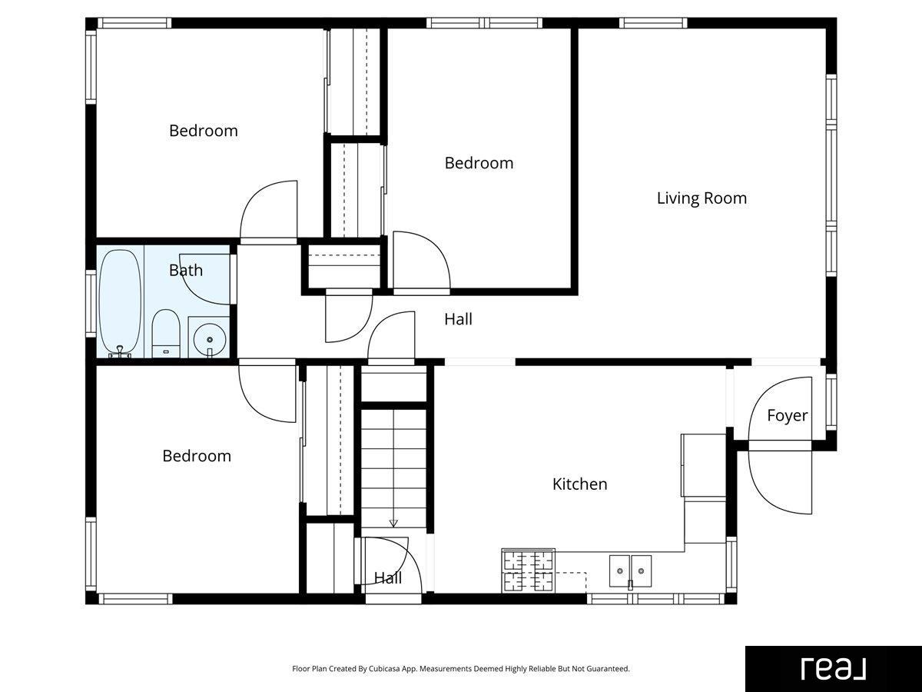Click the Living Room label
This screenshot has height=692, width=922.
click(x=702, y=198)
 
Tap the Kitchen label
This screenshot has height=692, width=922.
click(x=579, y=484)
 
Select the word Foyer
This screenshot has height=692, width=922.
click(x=788, y=415)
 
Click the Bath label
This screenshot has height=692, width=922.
click(x=186, y=270)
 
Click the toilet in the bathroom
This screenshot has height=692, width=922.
click(x=166, y=334)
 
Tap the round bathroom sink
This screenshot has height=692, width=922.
click(x=210, y=339)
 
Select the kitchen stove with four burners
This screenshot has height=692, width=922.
click(x=529, y=571)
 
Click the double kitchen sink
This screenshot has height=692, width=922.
click(x=630, y=571)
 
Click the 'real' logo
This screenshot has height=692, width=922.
click(x=834, y=669)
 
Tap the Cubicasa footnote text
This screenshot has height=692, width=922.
click(x=461, y=668)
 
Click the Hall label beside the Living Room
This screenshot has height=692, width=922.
click(x=458, y=319)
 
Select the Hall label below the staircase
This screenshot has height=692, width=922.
click(x=388, y=578)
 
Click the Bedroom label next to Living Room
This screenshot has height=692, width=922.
click(x=479, y=163)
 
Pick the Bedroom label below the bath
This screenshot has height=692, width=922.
click(x=197, y=456)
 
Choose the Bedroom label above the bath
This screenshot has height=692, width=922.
click(x=204, y=131)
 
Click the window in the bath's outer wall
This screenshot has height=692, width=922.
click(x=91, y=304)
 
